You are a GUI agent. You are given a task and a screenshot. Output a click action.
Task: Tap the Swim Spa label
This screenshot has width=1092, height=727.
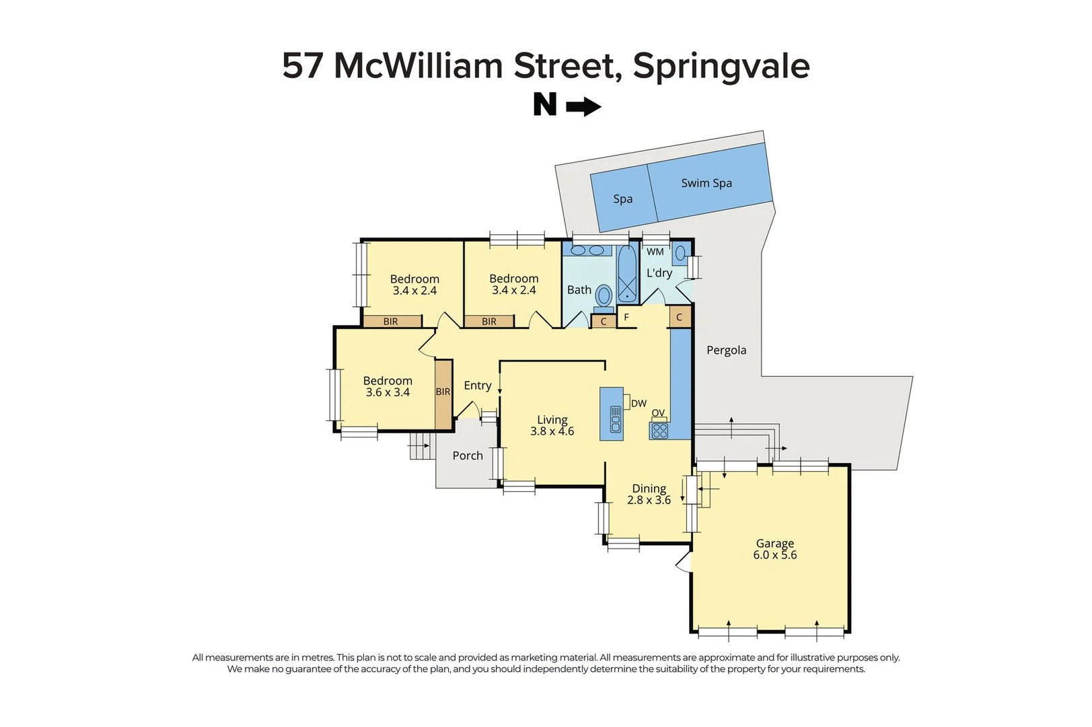(706, 183)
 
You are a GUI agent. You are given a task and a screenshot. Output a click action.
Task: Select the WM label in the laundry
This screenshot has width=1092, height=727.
(655, 252)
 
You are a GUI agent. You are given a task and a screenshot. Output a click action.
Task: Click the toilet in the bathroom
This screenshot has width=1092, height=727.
(604, 296)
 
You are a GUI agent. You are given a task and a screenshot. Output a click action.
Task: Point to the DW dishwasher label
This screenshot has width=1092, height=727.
(639, 403)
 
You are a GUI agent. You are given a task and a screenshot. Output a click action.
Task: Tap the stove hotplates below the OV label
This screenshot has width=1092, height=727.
(659, 431)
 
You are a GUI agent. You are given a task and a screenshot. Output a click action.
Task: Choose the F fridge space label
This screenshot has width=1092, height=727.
(626, 317)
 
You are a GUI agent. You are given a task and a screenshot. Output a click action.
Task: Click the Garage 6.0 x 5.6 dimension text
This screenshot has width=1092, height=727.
(774, 555)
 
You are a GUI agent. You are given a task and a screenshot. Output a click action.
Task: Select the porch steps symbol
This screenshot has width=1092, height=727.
(419, 446)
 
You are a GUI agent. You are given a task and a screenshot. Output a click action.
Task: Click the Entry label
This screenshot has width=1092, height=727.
(477, 386)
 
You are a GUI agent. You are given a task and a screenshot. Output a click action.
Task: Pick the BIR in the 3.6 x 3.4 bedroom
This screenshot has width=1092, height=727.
(443, 392)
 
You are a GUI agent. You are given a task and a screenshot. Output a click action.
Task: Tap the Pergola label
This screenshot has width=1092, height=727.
(726, 350)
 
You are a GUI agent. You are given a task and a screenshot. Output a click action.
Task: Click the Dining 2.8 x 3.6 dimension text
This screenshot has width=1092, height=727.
(649, 500)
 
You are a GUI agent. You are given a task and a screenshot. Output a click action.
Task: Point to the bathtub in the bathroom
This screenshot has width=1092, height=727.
(627, 275)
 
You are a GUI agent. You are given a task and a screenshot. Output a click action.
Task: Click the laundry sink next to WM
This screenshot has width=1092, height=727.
(680, 253)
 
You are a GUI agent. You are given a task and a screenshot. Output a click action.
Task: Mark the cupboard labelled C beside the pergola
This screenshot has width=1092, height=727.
(679, 317)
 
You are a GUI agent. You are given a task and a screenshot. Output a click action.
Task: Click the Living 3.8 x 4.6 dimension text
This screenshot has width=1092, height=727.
(552, 431)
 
